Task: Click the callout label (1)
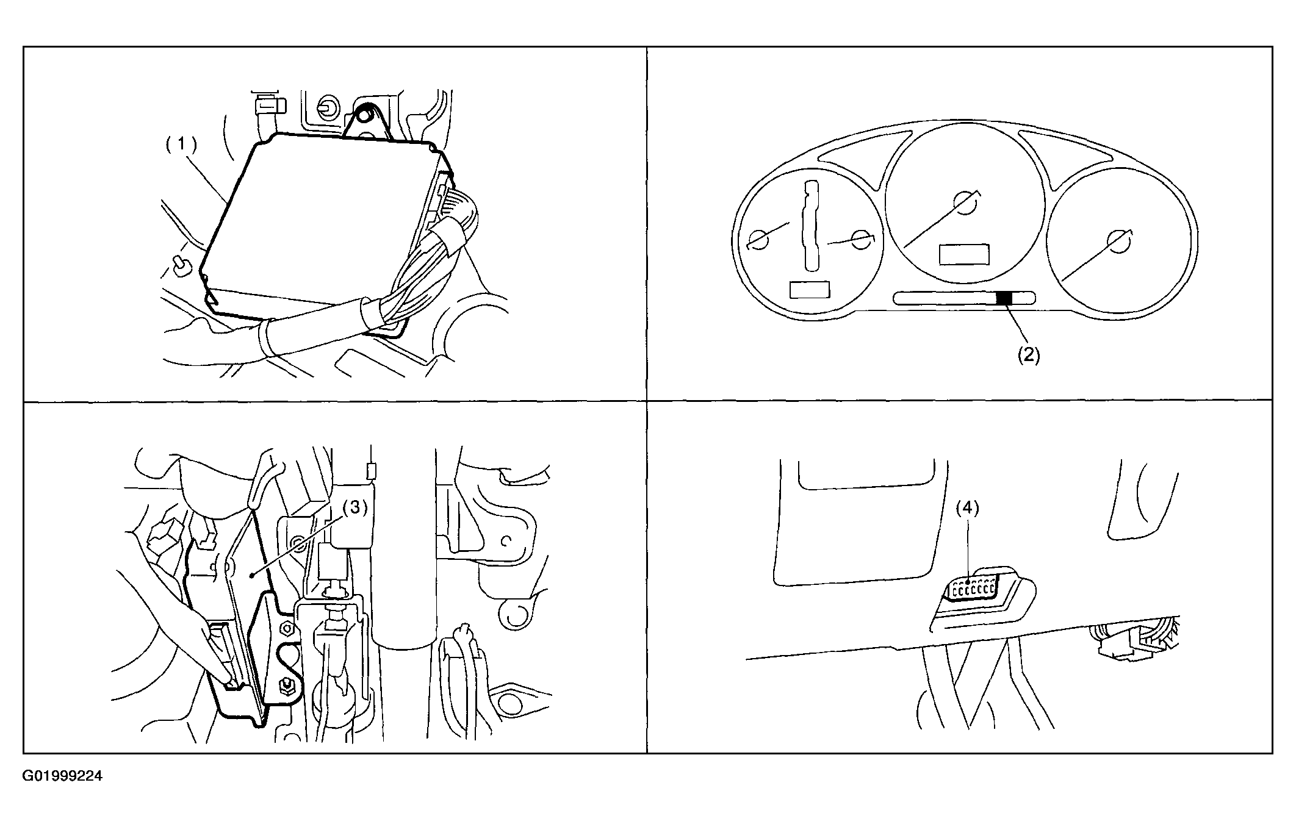pyautogui.click(x=182, y=145)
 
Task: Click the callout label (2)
pyautogui.click(x=1028, y=355)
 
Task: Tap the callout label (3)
pyautogui.click(x=355, y=507)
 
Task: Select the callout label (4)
pyautogui.click(x=967, y=507)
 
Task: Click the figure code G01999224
pyautogui.click(x=63, y=776)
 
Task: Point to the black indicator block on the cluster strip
pyautogui.click(x=1004, y=298)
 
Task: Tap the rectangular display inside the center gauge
pyautogui.click(x=964, y=254)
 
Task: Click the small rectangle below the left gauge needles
pyautogui.click(x=810, y=289)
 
